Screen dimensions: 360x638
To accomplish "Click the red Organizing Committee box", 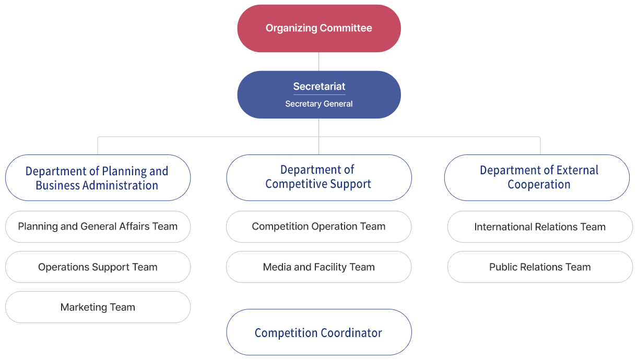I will click(318, 28).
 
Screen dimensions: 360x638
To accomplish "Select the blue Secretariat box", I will click(318, 94).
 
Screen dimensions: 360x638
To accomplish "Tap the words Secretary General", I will click(318, 104).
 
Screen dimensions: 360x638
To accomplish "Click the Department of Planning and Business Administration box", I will click(98, 178).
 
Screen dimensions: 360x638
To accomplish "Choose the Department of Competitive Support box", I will click(318, 177).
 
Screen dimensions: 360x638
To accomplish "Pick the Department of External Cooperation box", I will click(537, 177).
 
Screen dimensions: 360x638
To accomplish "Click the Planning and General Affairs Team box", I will click(98, 227).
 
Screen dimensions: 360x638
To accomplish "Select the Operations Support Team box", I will click(98, 267).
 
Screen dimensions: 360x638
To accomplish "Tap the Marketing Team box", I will click(98, 307).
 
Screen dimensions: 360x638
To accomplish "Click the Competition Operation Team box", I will click(318, 227).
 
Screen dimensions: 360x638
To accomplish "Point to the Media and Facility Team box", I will click(318, 267).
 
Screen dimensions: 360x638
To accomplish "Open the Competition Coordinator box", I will click(318, 332).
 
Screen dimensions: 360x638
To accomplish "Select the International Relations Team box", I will click(540, 227).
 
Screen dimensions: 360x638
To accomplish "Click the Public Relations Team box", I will click(540, 267).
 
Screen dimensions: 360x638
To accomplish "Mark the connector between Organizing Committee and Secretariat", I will click(318, 62).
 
